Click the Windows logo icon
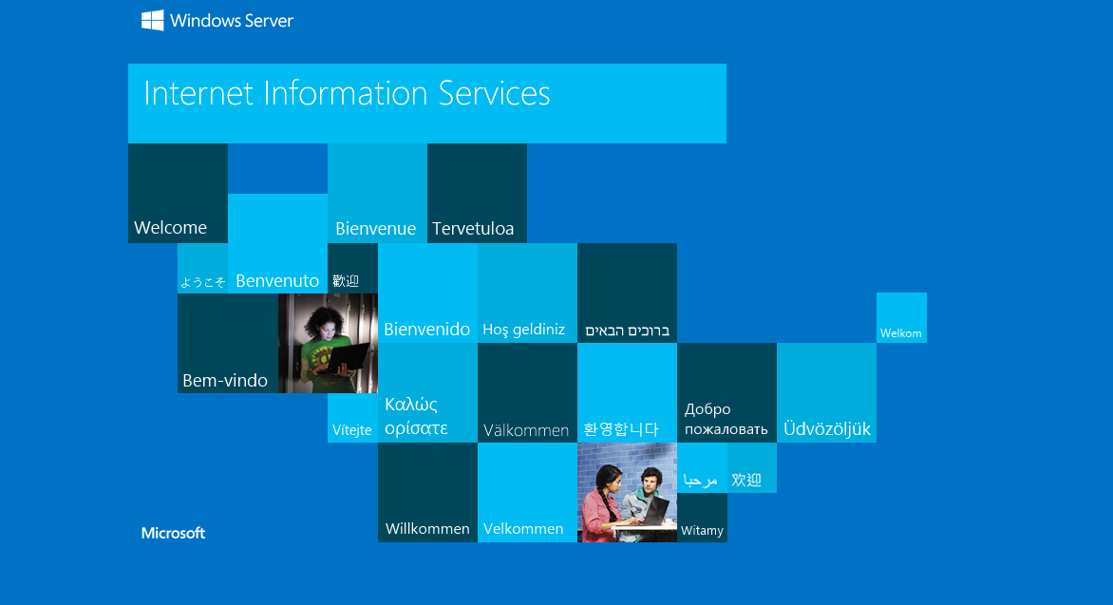pyautogui.click(x=153, y=20)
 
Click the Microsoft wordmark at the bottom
pyautogui.click(x=173, y=533)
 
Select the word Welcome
pyautogui.click(x=170, y=227)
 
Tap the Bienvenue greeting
pyautogui.click(x=375, y=229)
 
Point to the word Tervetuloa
pyautogui.click(x=473, y=229)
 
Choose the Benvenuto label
pyautogui.click(x=277, y=281)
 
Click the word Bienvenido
pyautogui.click(x=426, y=329)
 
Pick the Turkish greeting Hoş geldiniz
pyautogui.click(x=524, y=330)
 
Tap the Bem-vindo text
pyautogui.click(x=225, y=381)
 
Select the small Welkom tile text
pyautogui.click(x=901, y=333)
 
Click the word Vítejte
pyautogui.click(x=352, y=429)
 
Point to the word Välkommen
pyautogui.click(x=526, y=430)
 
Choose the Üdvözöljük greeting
pyautogui.click(x=827, y=428)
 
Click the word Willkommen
pyautogui.click(x=427, y=529)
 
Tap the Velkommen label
pyautogui.click(x=523, y=529)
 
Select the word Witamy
pyautogui.click(x=702, y=530)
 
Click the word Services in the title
pyautogui.click(x=494, y=93)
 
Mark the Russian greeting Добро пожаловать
pyautogui.click(x=726, y=419)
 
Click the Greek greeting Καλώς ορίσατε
pyautogui.click(x=416, y=416)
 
